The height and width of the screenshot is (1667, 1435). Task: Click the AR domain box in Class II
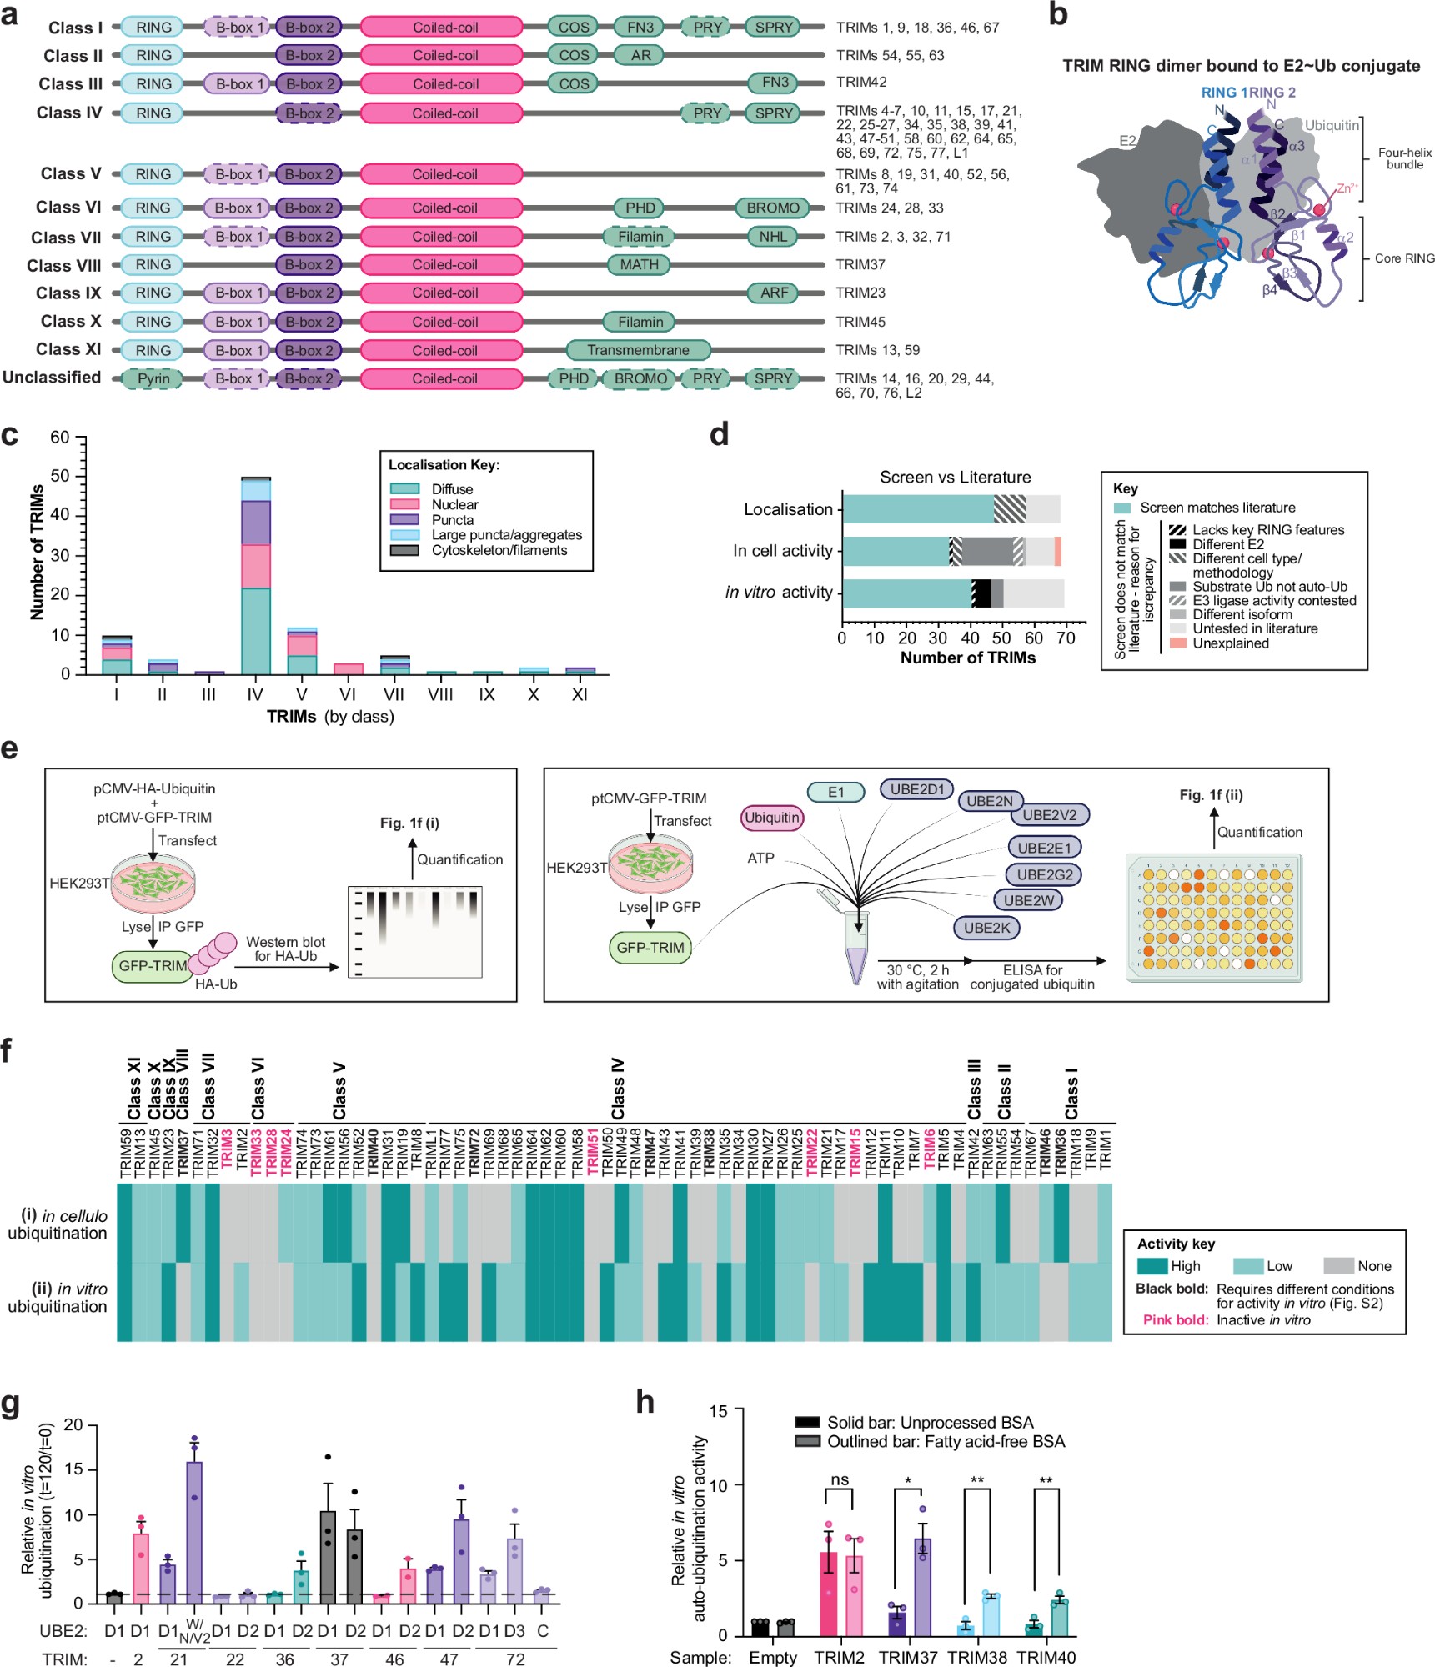[x=640, y=55]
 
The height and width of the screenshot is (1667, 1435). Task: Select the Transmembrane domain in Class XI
[x=638, y=350]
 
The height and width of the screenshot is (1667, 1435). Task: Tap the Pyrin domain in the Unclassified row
[x=153, y=378]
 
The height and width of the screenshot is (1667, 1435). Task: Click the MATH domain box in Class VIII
[x=639, y=264]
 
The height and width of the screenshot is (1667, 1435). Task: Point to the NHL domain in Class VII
[x=773, y=237]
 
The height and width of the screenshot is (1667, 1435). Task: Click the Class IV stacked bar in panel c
[x=255, y=575]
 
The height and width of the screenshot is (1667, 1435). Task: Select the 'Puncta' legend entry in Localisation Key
[x=452, y=519]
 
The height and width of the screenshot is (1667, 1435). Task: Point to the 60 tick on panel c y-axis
[x=60, y=438]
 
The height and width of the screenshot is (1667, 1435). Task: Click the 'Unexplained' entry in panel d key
[x=1230, y=643]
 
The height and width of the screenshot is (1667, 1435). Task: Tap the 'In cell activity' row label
[x=782, y=551]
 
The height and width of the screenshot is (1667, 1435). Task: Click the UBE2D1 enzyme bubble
[x=916, y=789]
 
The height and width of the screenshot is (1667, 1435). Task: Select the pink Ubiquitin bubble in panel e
[x=771, y=818]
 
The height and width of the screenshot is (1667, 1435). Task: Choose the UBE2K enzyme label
[x=986, y=928]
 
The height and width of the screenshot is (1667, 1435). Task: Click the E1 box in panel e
[x=835, y=792]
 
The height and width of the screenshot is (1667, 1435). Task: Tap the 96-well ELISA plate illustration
[x=1213, y=917]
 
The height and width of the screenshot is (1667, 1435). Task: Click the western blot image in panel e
[x=414, y=931]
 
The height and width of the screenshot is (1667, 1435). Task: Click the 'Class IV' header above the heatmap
[x=618, y=1089]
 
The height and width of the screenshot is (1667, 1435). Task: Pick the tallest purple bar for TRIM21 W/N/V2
[x=194, y=1532]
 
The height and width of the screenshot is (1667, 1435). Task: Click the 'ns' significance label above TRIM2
[x=840, y=1479]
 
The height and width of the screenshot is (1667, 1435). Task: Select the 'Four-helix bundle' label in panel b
[x=1404, y=158]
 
